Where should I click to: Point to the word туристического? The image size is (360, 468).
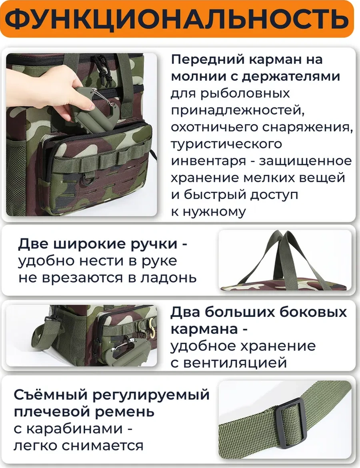click(226, 144)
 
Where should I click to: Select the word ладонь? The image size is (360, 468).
click(170, 277)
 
